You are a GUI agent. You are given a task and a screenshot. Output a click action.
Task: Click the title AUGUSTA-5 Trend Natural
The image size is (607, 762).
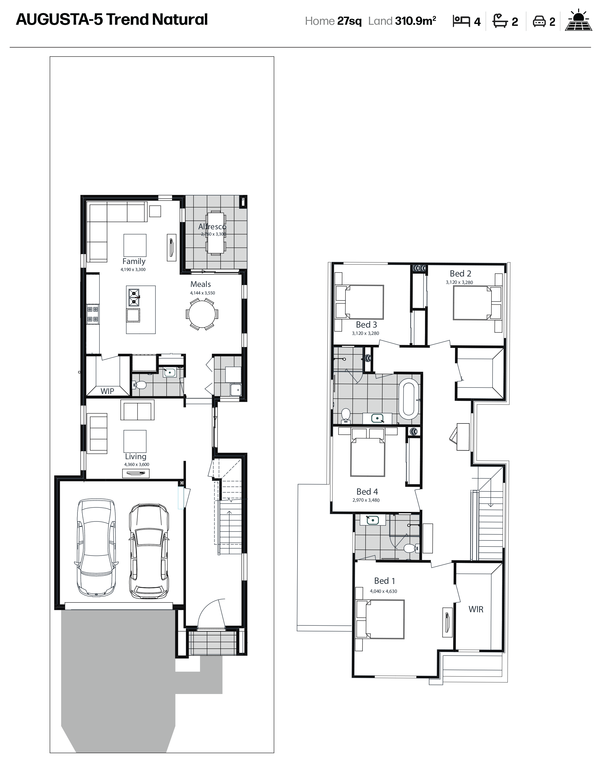tap(112, 20)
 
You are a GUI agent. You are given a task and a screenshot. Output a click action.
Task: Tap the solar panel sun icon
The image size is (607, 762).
tap(578, 20)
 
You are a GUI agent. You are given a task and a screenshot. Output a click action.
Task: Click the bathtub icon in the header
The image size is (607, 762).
tap(500, 21)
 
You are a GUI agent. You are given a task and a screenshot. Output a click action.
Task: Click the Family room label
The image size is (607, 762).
tap(134, 261)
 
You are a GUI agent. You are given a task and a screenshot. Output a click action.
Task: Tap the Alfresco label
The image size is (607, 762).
tap(212, 226)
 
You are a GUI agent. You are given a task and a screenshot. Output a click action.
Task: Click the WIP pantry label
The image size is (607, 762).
tap(107, 391)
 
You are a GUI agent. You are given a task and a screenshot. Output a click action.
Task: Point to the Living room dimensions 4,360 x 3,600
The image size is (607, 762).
tap(136, 464)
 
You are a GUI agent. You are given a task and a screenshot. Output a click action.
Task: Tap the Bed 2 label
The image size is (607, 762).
tap(460, 274)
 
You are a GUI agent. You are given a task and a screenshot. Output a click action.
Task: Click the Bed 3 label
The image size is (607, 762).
tap(366, 324)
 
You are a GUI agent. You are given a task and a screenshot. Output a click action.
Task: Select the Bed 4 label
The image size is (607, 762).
tap(367, 491)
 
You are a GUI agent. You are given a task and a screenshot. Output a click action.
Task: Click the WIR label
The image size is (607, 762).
tap(476, 609)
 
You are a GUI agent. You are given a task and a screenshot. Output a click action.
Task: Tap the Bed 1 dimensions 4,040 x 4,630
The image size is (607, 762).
tap(384, 591)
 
